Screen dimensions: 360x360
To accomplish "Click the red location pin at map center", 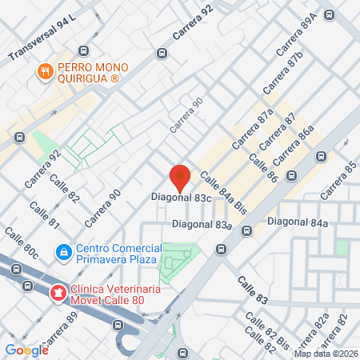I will pos(181,175).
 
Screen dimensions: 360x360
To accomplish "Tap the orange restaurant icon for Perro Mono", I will pos(46,72).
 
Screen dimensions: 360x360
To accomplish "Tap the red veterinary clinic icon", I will pos(57,294).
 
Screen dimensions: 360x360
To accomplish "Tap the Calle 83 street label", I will pos(254,289).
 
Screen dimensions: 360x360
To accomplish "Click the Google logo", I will pos(27,350).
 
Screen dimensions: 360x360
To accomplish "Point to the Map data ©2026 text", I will pos(324,354).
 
